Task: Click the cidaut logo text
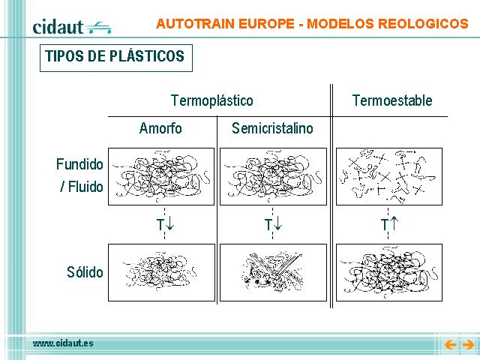[58, 27]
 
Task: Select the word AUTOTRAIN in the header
[195, 23]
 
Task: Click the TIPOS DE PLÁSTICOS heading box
[116, 58]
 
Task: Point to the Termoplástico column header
[212, 100]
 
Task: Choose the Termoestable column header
[392, 100]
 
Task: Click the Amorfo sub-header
[160, 128]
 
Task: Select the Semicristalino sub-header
[272, 128]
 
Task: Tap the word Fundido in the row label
[79, 164]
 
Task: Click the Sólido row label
[85, 272]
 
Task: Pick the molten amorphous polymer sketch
[161, 177]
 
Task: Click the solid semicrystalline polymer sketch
[273, 272]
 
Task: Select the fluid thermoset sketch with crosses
[389, 177]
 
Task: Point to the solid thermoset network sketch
[389, 272]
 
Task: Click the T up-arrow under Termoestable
[389, 224]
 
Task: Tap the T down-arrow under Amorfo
[165, 224]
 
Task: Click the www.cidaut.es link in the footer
[63, 343]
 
